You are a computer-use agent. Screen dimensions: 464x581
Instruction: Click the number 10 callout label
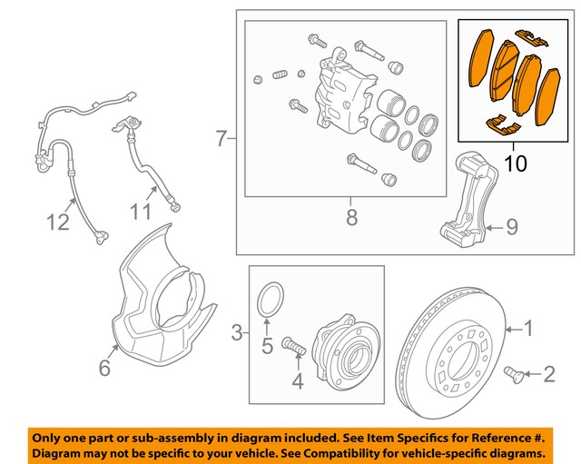tap(515, 164)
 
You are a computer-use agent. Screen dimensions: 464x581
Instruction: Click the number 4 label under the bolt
tap(267, 345)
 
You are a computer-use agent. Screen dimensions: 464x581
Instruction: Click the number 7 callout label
tap(351, 218)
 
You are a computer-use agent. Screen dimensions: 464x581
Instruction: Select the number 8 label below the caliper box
tap(511, 227)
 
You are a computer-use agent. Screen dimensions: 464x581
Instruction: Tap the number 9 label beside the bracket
tap(138, 212)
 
